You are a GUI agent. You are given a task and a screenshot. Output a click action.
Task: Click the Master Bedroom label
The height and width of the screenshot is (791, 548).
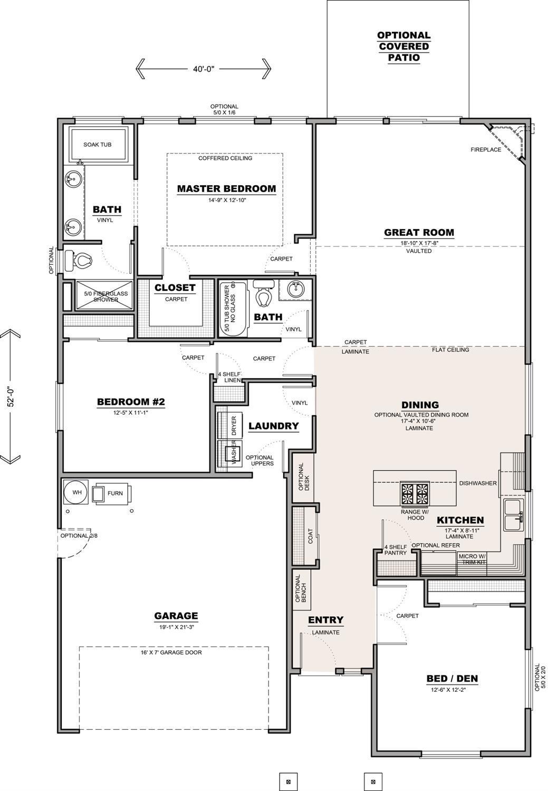point(226,188)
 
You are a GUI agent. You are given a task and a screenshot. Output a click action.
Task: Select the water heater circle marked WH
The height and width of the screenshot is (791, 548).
point(77,493)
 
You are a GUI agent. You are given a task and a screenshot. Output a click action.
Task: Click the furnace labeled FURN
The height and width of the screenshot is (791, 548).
point(113,493)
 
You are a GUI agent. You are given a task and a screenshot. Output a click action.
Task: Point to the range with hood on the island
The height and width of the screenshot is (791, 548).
point(415,494)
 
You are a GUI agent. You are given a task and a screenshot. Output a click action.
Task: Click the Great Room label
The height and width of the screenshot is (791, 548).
point(419,232)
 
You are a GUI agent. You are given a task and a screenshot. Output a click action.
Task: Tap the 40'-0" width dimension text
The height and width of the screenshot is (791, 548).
point(203,69)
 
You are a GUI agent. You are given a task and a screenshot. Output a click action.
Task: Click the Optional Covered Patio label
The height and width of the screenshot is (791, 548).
point(403,46)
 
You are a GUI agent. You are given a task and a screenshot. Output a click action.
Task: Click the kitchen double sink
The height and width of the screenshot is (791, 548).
point(513,514)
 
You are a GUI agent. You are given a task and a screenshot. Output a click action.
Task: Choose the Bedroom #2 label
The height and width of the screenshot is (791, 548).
point(131,402)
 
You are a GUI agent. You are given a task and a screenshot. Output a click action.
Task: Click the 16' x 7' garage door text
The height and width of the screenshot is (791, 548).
point(171,652)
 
